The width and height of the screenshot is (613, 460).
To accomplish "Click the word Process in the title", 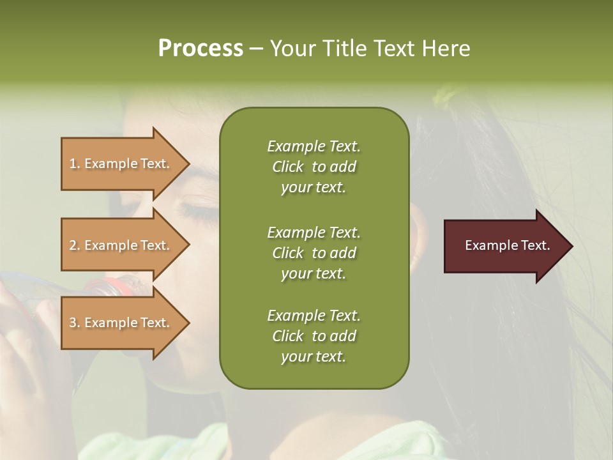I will tap(201, 49).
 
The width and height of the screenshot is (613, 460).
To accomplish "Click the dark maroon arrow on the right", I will tap(504, 246).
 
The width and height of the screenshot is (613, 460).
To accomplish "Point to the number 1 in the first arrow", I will tap(72, 164).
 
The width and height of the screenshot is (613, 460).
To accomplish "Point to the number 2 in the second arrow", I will tap(73, 245).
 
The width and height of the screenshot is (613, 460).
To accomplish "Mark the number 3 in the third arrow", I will tap(73, 323).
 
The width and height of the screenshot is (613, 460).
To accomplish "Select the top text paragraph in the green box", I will tap(314, 167).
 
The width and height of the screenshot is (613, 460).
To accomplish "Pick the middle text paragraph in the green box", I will tap(314, 253).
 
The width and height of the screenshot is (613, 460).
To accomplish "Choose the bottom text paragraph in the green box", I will tap(314, 336).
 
